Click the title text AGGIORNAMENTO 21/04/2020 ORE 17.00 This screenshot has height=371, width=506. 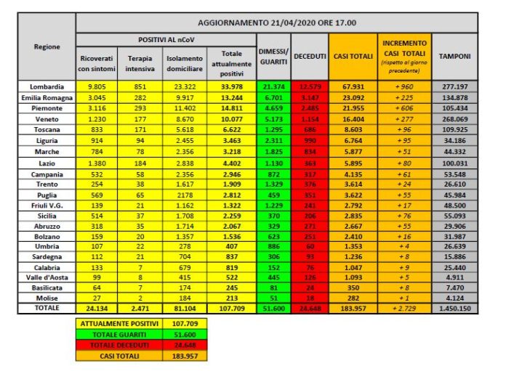pyautogui.click(x=277, y=23)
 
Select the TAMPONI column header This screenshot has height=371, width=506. pyautogui.click(x=454, y=56)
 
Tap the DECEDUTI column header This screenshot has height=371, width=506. pyautogui.click(x=310, y=56)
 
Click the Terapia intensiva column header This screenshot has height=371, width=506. pyautogui.click(x=139, y=63)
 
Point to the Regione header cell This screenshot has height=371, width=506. pyautogui.click(x=47, y=46)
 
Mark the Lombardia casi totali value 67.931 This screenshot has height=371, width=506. pyautogui.click(x=353, y=86)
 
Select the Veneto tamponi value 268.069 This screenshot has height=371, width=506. pyautogui.click(x=454, y=121)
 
